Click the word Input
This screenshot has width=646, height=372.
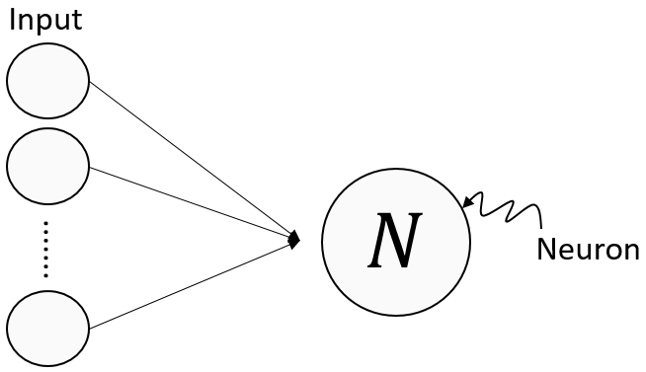[44, 21]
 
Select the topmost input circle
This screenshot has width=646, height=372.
[47, 81]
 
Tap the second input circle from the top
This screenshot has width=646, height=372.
[47, 166]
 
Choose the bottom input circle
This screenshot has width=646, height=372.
[47, 329]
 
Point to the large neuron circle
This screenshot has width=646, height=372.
[396, 286]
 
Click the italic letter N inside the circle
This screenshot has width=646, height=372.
[395, 242]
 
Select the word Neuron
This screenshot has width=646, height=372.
[588, 251]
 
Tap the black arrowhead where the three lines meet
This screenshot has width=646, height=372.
[293, 239]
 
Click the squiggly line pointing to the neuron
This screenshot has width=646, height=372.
[504, 208]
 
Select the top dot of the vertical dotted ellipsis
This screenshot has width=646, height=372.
[45, 224]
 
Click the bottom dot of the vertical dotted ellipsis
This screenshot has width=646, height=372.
[45, 275]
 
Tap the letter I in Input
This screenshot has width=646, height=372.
[13, 21]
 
